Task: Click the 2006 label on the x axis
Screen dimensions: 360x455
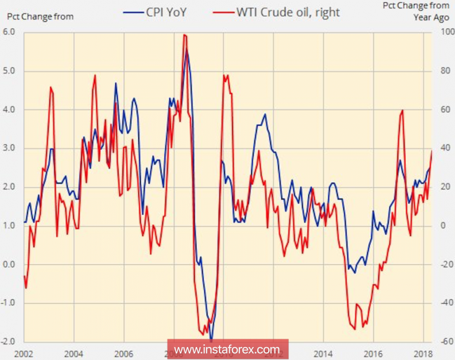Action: tap(122, 354)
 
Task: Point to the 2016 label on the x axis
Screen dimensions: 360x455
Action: tap(373, 354)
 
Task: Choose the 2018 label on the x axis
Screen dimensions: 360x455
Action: tap(422, 354)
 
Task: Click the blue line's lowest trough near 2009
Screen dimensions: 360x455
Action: tap(211, 339)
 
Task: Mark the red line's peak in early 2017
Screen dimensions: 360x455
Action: tap(402, 110)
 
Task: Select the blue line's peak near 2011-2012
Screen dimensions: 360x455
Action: tap(265, 114)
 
